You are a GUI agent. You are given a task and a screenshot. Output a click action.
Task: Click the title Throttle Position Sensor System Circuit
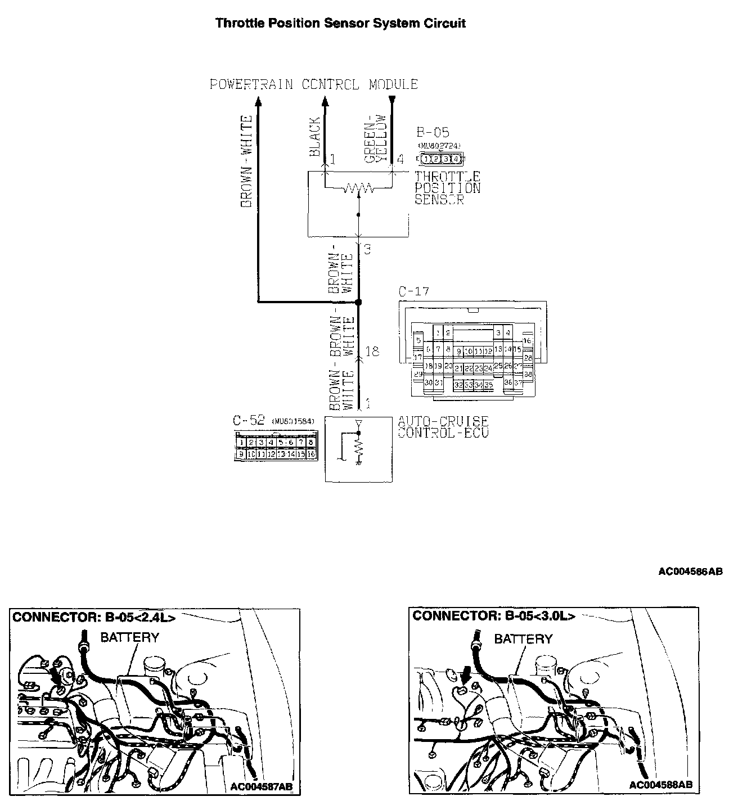[x=340, y=24]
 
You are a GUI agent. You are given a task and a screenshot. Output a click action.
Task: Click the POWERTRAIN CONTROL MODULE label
[x=313, y=84]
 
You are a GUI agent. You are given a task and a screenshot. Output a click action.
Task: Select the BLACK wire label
[x=314, y=137]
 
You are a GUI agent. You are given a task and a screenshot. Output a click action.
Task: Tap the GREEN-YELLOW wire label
[x=375, y=139]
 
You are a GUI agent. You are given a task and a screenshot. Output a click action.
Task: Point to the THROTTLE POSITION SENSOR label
[x=448, y=188]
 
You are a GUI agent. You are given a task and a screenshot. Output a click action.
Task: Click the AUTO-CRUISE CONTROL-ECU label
[x=443, y=427]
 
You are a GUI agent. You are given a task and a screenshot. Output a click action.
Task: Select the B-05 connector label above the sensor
[x=433, y=133]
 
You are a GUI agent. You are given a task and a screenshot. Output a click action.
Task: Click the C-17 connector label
[x=413, y=292]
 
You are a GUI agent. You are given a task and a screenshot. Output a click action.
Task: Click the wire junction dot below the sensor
[x=359, y=302]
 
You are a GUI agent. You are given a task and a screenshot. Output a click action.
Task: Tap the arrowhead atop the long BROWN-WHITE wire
[x=258, y=101]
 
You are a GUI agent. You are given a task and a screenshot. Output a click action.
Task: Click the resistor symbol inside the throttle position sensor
[x=359, y=188]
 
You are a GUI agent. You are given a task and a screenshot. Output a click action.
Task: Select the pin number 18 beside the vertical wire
[x=372, y=352]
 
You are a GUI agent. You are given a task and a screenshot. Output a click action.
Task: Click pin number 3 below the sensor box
[x=367, y=249]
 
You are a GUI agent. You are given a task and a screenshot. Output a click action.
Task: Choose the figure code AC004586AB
[x=690, y=571]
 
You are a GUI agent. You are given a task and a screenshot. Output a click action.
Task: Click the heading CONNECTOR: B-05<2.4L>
[x=94, y=617]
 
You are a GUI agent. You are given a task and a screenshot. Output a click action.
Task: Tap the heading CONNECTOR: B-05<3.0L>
[x=494, y=615]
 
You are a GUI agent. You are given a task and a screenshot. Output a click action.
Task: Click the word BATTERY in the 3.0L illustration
[x=523, y=639]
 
